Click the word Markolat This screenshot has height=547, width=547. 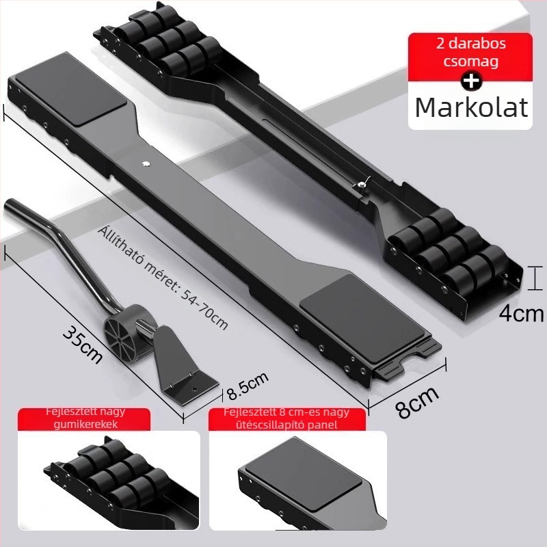click(x=471, y=107)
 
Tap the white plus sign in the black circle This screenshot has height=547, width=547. click(x=471, y=81)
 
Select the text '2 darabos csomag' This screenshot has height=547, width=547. click(x=470, y=53)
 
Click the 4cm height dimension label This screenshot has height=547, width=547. click(x=521, y=314)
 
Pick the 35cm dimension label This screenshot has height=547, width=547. click(x=83, y=345)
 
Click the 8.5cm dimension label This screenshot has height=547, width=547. click(x=248, y=385)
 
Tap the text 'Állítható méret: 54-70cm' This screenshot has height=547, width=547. click(x=163, y=278)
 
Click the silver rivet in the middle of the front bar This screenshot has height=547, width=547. click(x=146, y=163)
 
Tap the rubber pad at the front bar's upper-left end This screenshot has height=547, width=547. click(x=72, y=90)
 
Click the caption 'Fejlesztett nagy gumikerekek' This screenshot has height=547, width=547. click(x=85, y=418)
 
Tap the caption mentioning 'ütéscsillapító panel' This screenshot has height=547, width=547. click(x=286, y=418)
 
